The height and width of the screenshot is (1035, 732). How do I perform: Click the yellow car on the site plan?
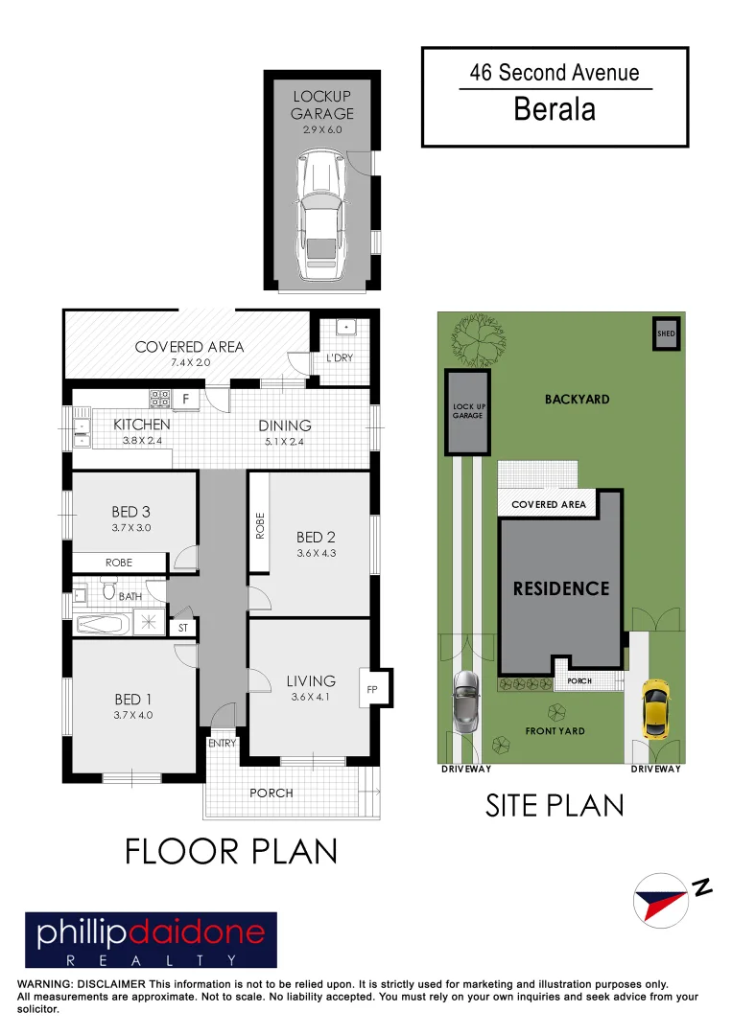pos(655,710)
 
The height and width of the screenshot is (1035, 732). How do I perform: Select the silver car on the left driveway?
pos(465,701)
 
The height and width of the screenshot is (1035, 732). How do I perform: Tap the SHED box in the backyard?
pos(666,333)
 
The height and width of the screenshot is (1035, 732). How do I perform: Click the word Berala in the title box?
pos(555,109)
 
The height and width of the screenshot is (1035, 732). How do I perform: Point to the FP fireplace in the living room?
pos(371,688)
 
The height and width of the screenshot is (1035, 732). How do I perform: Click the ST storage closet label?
pos(183,629)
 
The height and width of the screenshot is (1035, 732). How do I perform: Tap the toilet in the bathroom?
pos(108,591)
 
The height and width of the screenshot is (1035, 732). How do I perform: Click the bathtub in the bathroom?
pos(102,624)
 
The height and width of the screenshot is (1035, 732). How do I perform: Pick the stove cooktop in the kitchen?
pos(159,397)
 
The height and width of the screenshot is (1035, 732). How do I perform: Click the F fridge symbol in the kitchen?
pos(186,398)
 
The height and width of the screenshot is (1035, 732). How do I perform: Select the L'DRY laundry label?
pos(341,357)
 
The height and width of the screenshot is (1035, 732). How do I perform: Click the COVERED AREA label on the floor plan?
pos(189,347)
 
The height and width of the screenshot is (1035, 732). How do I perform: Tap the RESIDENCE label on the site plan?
pos(561,588)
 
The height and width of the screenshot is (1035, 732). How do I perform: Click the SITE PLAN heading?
pos(555,805)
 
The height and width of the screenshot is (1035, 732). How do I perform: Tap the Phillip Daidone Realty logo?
pos(151,940)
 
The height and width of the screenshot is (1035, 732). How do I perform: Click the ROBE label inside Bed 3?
pos(119,563)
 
